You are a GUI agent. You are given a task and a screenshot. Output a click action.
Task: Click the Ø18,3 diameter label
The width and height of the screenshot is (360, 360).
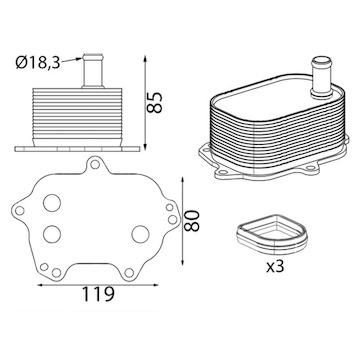(38, 63)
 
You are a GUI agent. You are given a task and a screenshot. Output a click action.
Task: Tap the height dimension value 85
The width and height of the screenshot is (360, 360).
(155, 102)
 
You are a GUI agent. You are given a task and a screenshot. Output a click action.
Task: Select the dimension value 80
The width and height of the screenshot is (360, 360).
(192, 220)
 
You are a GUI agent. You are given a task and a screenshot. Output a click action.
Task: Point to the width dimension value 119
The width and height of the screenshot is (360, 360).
(98, 294)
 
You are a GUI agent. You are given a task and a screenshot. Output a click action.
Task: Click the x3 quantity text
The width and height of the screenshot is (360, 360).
(275, 267)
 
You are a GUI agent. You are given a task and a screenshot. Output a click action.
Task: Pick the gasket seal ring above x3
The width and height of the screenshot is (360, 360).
(272, 234)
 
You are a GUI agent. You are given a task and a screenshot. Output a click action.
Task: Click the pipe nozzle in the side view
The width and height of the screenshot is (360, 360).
(93, 71)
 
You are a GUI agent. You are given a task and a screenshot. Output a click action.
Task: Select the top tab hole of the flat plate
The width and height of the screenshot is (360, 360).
(95, 164)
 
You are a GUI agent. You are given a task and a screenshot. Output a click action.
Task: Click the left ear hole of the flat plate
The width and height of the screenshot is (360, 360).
(20, 210)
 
